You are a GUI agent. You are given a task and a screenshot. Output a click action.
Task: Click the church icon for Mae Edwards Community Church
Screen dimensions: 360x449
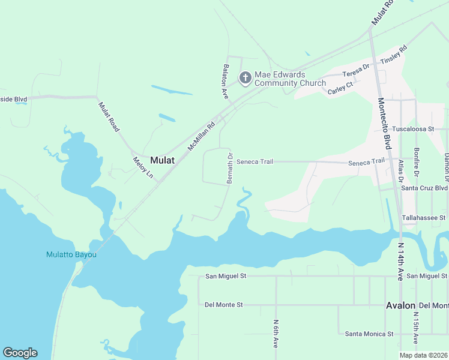[x=245, y=77]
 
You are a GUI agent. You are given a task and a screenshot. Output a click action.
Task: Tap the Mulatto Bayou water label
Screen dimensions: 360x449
[x=71, y=254]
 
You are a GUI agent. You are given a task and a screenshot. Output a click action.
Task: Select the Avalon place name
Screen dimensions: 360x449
[x=400, y=305]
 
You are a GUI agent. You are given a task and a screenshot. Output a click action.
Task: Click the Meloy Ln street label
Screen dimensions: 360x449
[x=143, y=167]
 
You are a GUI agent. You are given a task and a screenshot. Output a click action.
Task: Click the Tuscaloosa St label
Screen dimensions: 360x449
[x=419, y=129]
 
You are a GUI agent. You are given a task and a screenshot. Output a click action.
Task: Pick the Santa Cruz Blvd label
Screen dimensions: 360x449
[x=424, y=187]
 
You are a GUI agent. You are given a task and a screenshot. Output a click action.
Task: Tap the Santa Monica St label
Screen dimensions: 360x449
[x=369, y=334]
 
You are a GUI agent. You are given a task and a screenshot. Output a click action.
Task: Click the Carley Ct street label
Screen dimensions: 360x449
[x=340, y=89]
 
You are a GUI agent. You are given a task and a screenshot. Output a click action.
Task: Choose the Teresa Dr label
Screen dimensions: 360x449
[x=354, y=71]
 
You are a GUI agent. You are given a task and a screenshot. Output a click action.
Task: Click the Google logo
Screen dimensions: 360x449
[x=20, y=353]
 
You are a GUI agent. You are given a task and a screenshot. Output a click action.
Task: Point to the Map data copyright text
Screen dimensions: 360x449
[x=424, y=355]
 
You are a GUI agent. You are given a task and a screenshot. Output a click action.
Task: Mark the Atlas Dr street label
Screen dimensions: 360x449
[x=400, y=170]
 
